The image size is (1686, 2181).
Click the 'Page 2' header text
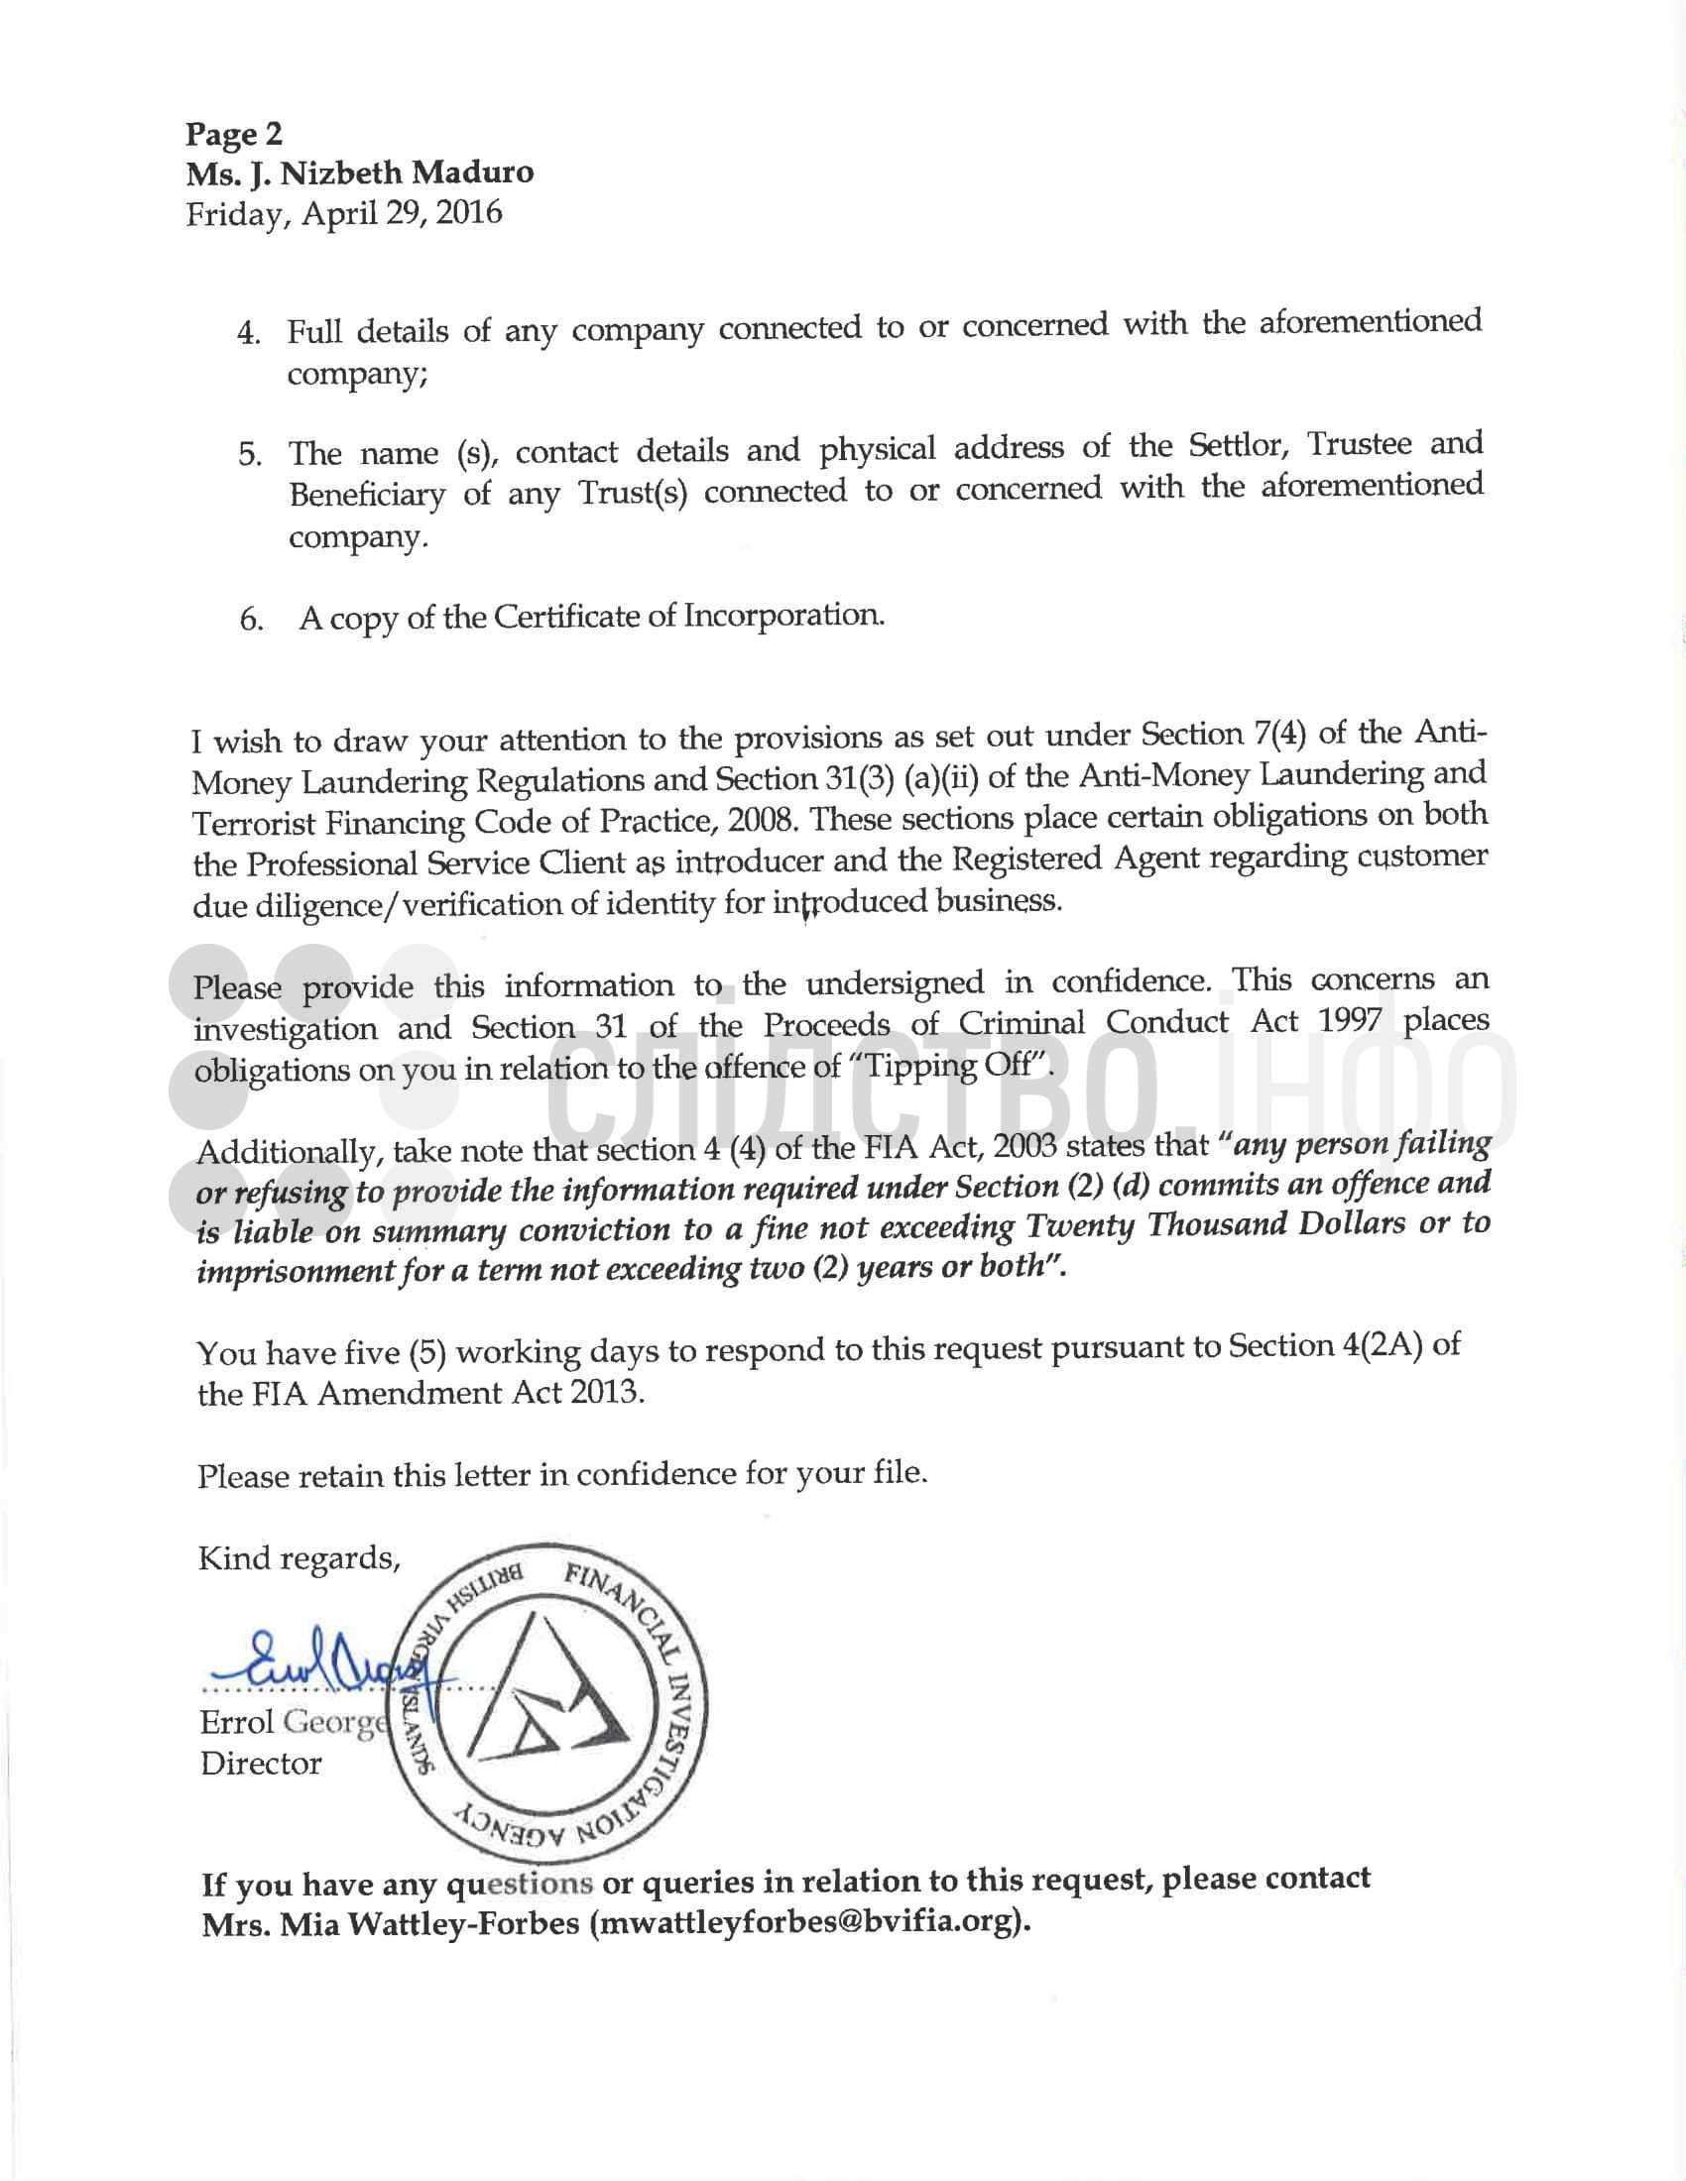click(235, 134)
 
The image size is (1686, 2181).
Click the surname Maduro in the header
click(473, 172)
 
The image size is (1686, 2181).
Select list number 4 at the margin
click(249, 332)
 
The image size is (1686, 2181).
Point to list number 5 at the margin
click(250, 456)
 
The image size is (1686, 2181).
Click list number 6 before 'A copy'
click(251, 621)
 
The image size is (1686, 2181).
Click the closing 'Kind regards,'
click(299, 1557)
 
